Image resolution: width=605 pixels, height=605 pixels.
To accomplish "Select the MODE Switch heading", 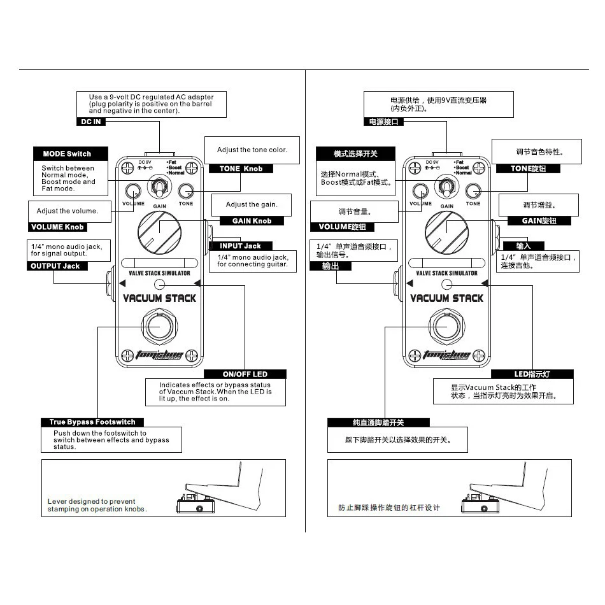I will tap(67, 153).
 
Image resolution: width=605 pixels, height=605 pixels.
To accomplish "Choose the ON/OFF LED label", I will tap(245, 374).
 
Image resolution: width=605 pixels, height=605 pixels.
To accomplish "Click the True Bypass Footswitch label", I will tap(93, 422).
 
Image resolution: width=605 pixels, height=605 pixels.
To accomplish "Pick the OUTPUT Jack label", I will tap(55, 266).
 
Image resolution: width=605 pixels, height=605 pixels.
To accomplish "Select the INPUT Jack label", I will tap(241, 246).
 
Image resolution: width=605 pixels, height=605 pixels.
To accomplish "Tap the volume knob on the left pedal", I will tap(134, 190).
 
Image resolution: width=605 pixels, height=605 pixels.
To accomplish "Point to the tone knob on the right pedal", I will tap(473, 190).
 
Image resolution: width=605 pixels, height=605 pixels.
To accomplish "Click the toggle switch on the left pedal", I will tap(159, 188).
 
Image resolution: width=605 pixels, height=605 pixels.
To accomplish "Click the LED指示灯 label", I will tap(532, 374).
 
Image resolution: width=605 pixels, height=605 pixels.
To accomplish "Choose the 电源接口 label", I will tap(384, 121).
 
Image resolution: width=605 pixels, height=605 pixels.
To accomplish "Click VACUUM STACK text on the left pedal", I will tap(159, 298).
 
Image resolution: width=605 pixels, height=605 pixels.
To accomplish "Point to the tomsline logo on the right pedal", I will tap(447, 355).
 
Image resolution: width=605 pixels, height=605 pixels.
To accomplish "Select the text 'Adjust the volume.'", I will tap(68, 211).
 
